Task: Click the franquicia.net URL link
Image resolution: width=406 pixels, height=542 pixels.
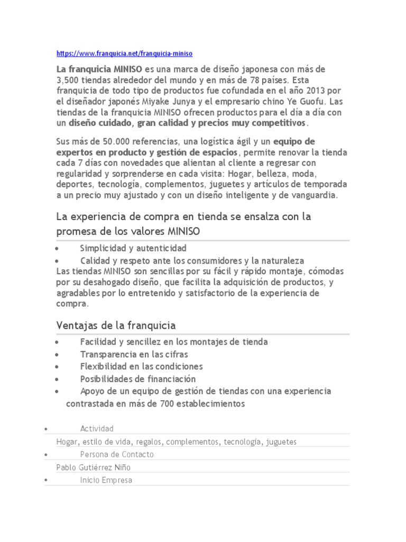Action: click(x=124, y=53)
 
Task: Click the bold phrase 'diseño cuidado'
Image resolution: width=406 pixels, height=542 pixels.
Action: click(x=100, y=123)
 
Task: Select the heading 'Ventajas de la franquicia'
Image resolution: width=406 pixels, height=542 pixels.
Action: click(x=116, y=324)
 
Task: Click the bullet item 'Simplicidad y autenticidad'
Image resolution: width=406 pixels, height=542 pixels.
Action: click(x=133, y=248)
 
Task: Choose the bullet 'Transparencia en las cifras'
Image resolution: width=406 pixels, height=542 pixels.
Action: click(x=134, y=354)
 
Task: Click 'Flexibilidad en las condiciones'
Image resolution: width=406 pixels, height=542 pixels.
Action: click(x=141, y=366)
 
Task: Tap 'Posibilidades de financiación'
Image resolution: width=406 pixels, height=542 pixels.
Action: click(x=138, y=378)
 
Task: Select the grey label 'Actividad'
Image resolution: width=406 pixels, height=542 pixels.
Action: click(x=97, y=428)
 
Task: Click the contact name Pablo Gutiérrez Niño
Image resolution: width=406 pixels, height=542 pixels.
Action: click(x=93, y=467)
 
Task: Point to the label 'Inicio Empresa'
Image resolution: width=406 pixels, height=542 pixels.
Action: click(x=106, y=480)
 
